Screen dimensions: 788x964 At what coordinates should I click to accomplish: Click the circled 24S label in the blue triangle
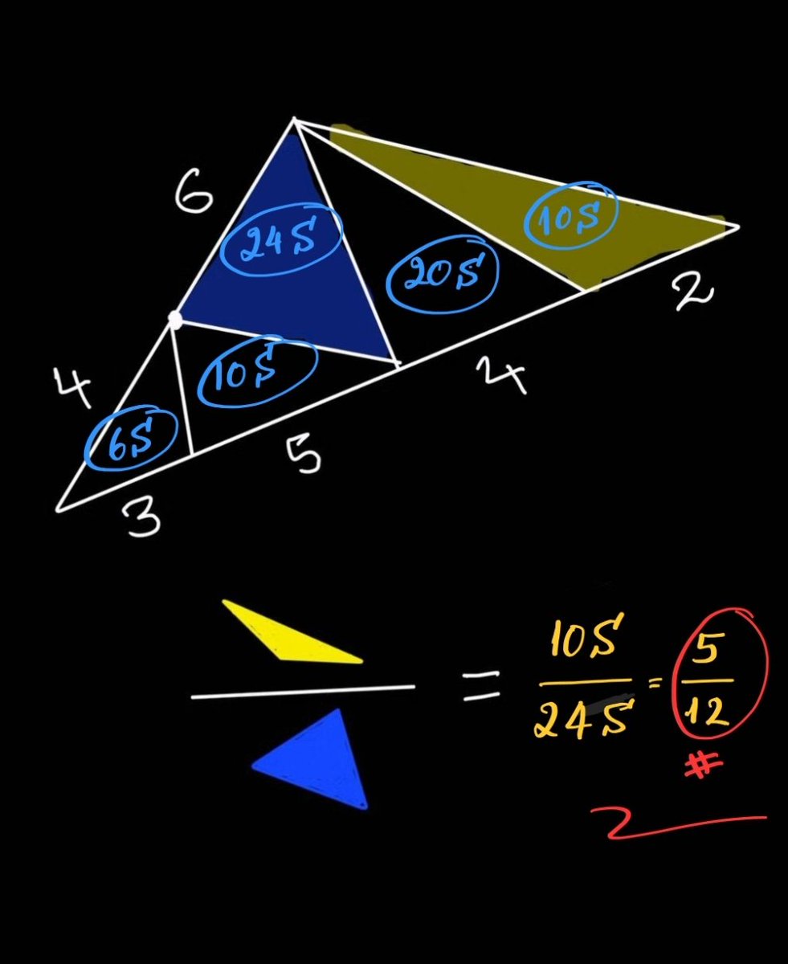tap(280, 239)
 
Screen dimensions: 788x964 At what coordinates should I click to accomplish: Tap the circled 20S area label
tap(443, 273)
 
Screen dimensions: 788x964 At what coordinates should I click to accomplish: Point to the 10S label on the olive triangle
tap(570, 214)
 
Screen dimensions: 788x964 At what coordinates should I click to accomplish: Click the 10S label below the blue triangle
tap(257, 372)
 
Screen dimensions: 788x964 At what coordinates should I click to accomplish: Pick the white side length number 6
tap(194, 190)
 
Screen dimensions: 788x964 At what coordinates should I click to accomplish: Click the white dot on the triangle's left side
tap(175, 318)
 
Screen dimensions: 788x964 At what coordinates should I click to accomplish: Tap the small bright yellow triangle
tap(292, 631)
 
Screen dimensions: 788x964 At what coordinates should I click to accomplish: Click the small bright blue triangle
tap(315, 758)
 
